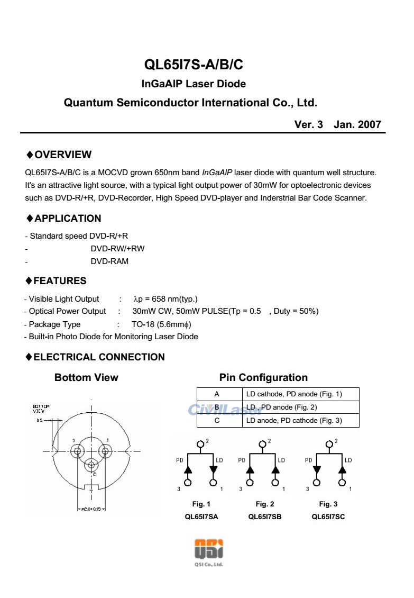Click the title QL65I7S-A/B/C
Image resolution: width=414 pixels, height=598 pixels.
click(194, 65)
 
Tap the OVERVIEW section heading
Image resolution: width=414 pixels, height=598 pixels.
click(62, 155)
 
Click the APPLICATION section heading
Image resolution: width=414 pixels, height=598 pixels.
click(67, 218)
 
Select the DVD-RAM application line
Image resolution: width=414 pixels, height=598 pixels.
click(109, 261)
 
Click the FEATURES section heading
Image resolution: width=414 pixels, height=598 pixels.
click(60, 280)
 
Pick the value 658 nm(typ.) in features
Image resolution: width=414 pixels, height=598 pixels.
click(167, 299)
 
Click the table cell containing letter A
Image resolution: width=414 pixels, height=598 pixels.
click(217, 394)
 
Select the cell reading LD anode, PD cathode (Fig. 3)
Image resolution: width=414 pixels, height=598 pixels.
click(295, 421)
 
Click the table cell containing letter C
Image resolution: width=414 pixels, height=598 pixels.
click(217, 421)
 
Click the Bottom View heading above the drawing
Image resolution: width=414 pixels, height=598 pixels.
click(86, 377)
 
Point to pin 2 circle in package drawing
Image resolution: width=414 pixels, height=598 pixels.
click(92, 465)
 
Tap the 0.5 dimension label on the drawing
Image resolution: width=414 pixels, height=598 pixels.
click(40, 421)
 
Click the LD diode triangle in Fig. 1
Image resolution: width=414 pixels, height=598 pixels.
click(214, 469)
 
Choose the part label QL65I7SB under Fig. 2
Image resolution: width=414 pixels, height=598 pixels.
click(264, 517)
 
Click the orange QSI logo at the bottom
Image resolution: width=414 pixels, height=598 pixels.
click(208, 549)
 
